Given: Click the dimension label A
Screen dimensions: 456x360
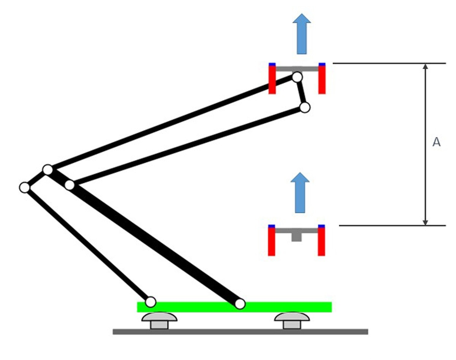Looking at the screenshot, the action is pos(436,142).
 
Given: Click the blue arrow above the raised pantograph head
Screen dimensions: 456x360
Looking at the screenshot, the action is pos(301,34).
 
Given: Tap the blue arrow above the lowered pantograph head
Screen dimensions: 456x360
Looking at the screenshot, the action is pos(300,192).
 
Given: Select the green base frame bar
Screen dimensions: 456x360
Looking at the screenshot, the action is pos(234,307).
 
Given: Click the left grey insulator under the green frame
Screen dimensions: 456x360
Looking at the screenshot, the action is pos(159,321).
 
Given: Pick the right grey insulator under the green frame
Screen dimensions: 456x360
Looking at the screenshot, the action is pos(292,321).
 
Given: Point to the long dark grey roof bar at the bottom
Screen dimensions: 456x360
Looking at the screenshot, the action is pos(240,332).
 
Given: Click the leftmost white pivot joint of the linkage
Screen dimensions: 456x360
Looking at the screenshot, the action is pos(25,188).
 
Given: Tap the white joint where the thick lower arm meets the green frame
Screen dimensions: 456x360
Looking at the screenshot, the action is pos(240,304).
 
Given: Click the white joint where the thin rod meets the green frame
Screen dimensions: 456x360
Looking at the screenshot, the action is pos(150,302).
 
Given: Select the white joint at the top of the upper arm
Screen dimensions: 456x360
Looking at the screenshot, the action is pos(297,77).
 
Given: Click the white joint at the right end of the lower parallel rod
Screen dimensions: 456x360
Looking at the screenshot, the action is pos(305,108).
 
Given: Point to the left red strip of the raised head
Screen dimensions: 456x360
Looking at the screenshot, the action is pos(272,80).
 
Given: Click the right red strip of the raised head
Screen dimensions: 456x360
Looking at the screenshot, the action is pos(322,80).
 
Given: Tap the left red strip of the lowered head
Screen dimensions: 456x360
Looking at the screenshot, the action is pos(271,242).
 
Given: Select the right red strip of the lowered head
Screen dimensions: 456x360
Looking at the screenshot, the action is pos(321,242).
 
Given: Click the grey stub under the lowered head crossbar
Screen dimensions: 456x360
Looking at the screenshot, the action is pos(296,237).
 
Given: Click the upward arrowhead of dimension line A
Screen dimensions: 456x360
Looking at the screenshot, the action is pos(425,67).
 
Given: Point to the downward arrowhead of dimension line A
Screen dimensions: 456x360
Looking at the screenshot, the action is pos(425,222).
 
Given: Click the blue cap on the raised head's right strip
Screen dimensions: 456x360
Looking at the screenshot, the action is pos(322,65).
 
